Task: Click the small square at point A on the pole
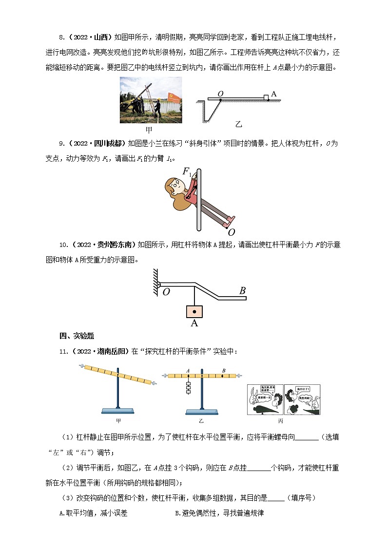click(x=266, y=97)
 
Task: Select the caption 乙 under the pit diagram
click(x=238, y=124)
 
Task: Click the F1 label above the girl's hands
click(x=187, y=171)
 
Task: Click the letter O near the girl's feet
click(x=232, y=232)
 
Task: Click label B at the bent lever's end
click(x=242, y=291)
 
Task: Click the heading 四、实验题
click(x=77, y=336)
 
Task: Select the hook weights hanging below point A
click(x=188, y=387)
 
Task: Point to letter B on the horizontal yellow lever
click(x=223, y=371)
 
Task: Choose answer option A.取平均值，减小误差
click(x=93, y=513)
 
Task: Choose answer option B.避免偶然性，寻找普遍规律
click(x=219, y=513)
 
